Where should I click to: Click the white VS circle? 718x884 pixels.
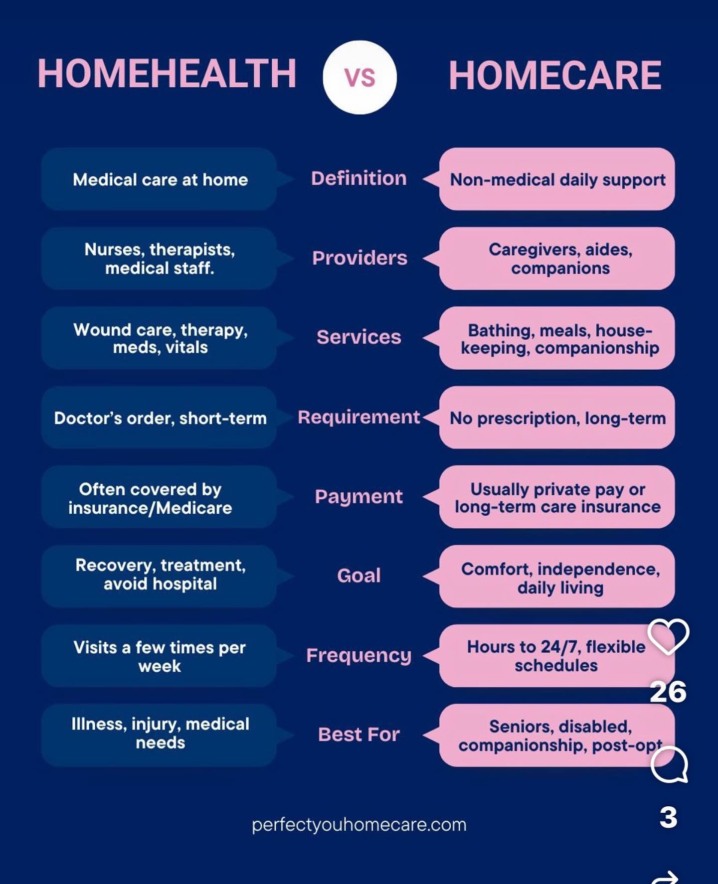point(359,77)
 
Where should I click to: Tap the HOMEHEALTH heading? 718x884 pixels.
point(167,74)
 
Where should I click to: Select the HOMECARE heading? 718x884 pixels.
point(555,76)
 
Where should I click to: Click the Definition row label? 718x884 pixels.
point(359,178)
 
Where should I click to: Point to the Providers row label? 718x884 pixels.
point(359,258)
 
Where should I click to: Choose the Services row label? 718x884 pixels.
point(359,337)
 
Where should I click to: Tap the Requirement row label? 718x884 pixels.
point(359,418)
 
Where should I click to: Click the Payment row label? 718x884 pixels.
point(359,497)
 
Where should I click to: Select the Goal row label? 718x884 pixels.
point(359,576)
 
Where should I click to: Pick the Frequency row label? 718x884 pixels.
point(359,656)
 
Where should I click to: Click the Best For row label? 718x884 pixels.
point(359,735)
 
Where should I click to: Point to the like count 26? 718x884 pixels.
point(668,692)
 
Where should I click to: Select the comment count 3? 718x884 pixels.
point(668,818)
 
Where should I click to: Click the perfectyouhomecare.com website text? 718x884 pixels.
point(359,825)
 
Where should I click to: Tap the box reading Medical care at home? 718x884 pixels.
point(159,179)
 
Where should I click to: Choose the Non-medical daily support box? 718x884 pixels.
point(557,179)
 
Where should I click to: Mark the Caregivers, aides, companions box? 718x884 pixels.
point(557,258)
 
